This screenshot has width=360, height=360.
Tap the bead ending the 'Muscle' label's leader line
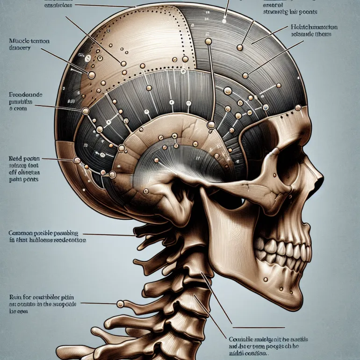coord(92,74)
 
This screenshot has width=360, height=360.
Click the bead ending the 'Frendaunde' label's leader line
coord(86,111)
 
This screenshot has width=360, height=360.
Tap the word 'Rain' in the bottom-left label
coord(14,296)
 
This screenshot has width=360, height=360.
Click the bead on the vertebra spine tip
coord(120,304)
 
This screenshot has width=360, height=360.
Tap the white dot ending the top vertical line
coord(224,21)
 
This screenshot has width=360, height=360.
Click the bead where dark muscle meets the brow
coord(297,108)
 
